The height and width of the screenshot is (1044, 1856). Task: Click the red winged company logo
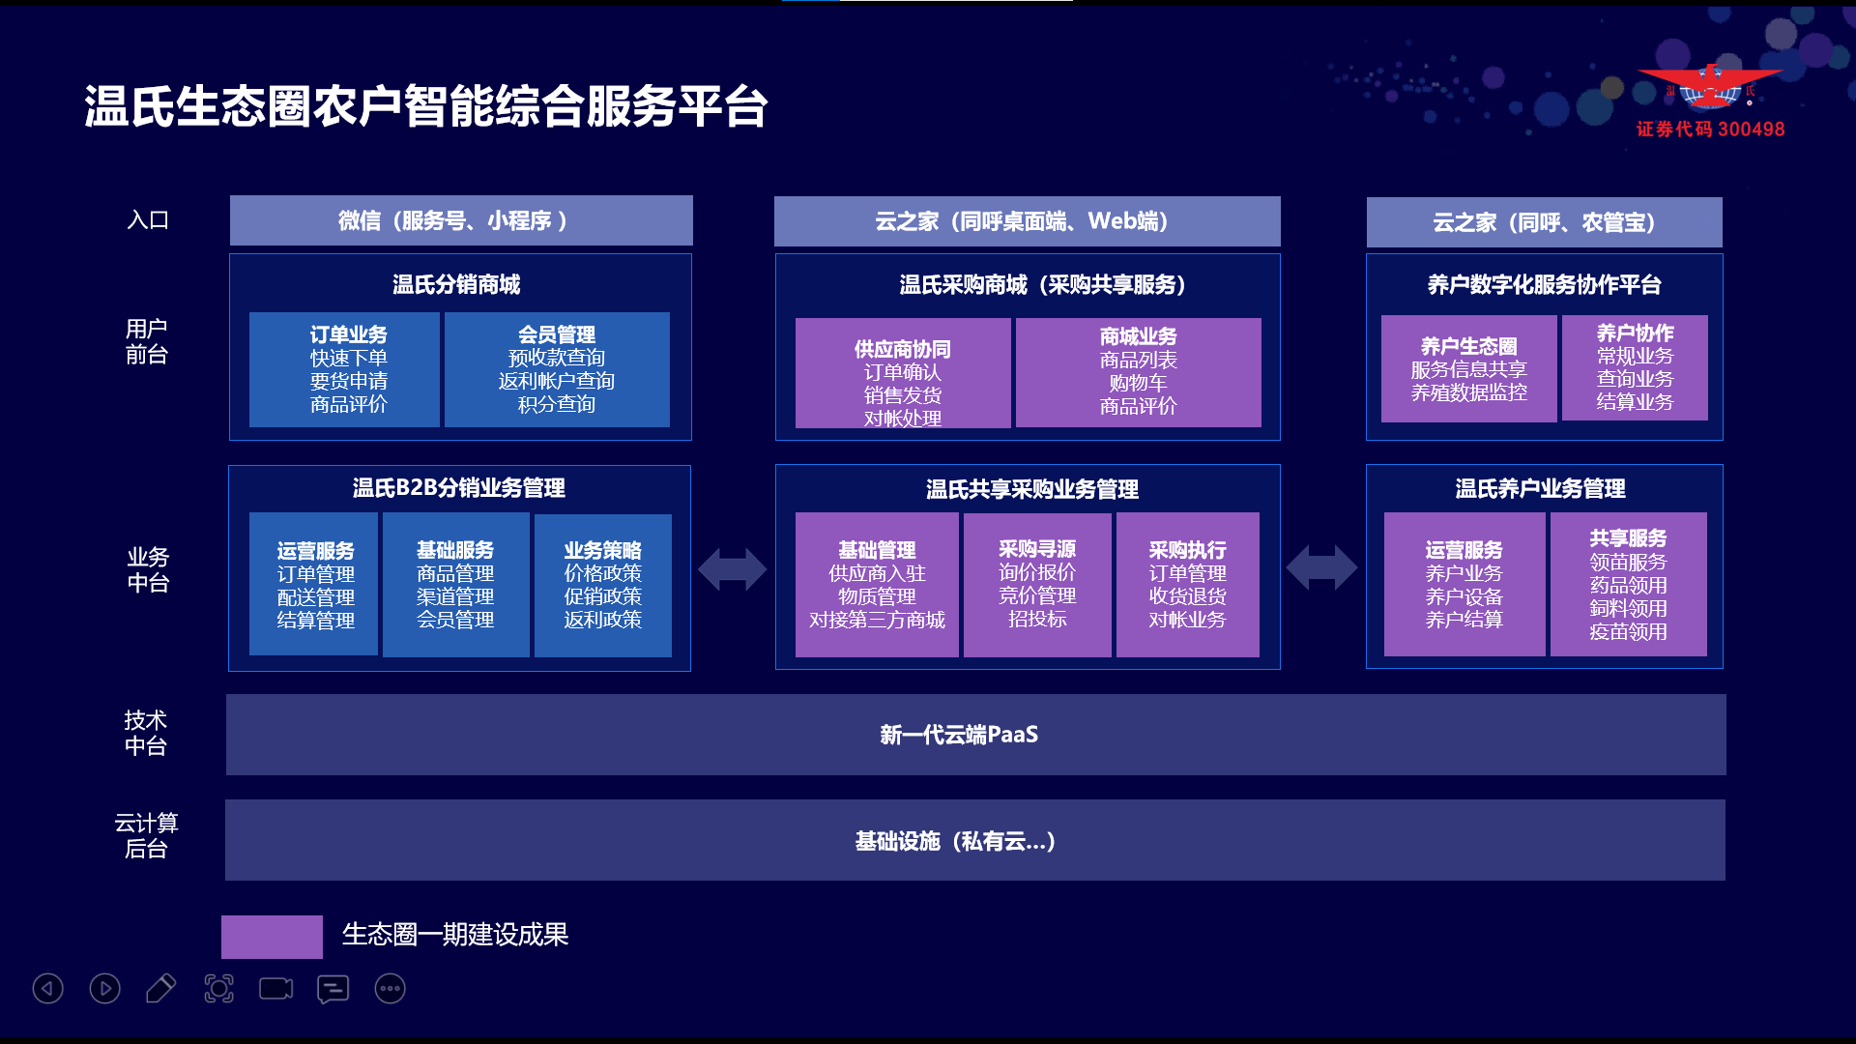point(1709,87)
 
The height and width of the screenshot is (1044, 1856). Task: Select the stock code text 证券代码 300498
point(1710,130)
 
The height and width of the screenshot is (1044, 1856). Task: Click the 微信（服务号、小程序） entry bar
point(461,220)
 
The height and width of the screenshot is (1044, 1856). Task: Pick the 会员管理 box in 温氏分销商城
point(557,369)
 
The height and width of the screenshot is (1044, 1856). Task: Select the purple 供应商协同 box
point(903,373)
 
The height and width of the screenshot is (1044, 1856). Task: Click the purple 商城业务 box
point(1139,372)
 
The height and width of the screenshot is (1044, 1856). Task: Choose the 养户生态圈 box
point(1469,368)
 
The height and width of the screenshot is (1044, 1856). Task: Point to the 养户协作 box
point(1635,367)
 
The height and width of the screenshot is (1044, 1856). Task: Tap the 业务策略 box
point(603,586)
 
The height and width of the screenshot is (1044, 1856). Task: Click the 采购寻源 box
point(1037,585)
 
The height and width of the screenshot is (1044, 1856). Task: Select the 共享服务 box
point(1629,584)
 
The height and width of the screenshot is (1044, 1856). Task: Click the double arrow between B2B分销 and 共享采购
point(733,568)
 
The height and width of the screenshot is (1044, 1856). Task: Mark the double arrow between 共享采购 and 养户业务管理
point(1322,567)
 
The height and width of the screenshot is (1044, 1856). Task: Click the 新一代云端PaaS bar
point(976,735)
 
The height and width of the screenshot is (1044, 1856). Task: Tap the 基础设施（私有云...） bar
point(975,840)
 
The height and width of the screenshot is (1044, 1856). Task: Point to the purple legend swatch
point(272,937)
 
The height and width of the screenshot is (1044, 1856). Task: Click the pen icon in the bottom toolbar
point(160,988)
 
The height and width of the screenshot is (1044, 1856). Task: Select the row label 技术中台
point(146,733)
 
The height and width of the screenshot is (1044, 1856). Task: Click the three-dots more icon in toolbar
point(391,988)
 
